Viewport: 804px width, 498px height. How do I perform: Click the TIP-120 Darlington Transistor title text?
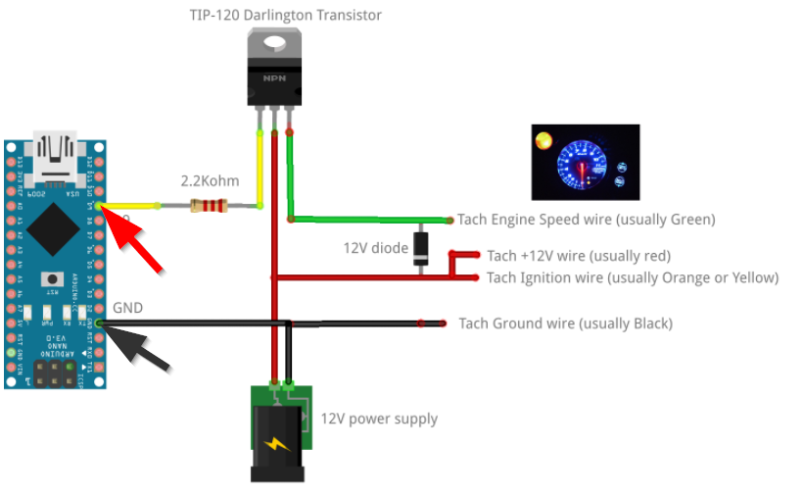point(285,15)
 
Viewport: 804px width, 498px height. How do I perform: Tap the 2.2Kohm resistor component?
point(210,206)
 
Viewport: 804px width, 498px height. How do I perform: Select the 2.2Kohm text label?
point(210,181)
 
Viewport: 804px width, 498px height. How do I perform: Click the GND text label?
point(128,308)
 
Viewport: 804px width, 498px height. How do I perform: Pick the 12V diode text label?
point(375,248)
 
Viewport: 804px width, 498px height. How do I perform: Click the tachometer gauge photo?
point(585,162)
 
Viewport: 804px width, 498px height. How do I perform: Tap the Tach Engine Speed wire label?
point(587,219)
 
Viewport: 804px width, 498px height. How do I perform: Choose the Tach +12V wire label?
point(578,256)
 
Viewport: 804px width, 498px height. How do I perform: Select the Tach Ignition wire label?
point(632,277)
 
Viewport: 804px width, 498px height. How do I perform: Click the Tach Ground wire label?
point(565,324)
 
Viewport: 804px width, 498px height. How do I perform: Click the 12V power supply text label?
point(379,419)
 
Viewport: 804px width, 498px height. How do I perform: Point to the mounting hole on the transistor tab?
point(274,44)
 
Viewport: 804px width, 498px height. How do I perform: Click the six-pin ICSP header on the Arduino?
point(55,373)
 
